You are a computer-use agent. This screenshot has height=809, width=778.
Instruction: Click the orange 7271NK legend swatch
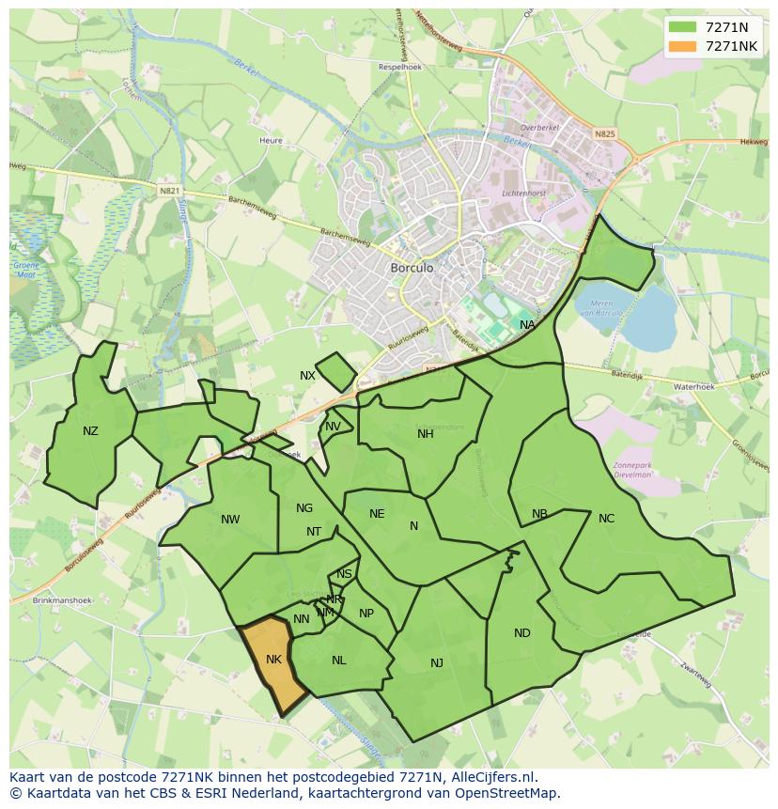683,46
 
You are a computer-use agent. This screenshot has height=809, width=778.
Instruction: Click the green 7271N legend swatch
683,27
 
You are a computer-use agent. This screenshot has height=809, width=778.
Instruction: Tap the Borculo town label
412,268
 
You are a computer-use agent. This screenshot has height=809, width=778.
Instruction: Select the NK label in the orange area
273,660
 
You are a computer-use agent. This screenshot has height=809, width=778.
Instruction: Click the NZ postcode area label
90,431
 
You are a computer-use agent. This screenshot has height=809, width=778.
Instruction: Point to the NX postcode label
307,376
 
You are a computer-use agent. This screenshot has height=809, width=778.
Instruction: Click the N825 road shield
604,134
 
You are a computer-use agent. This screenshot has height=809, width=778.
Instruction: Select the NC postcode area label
606,519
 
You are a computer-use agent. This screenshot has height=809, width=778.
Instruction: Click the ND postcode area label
521,633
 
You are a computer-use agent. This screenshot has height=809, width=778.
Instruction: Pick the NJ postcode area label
436,663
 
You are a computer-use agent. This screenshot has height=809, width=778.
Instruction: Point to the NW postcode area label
230,520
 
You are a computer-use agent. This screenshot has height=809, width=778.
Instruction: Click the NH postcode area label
426,434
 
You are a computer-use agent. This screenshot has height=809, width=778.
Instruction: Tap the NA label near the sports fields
527,325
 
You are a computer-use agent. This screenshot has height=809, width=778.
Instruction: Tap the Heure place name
271,141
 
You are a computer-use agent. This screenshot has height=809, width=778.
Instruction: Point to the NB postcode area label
539,514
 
